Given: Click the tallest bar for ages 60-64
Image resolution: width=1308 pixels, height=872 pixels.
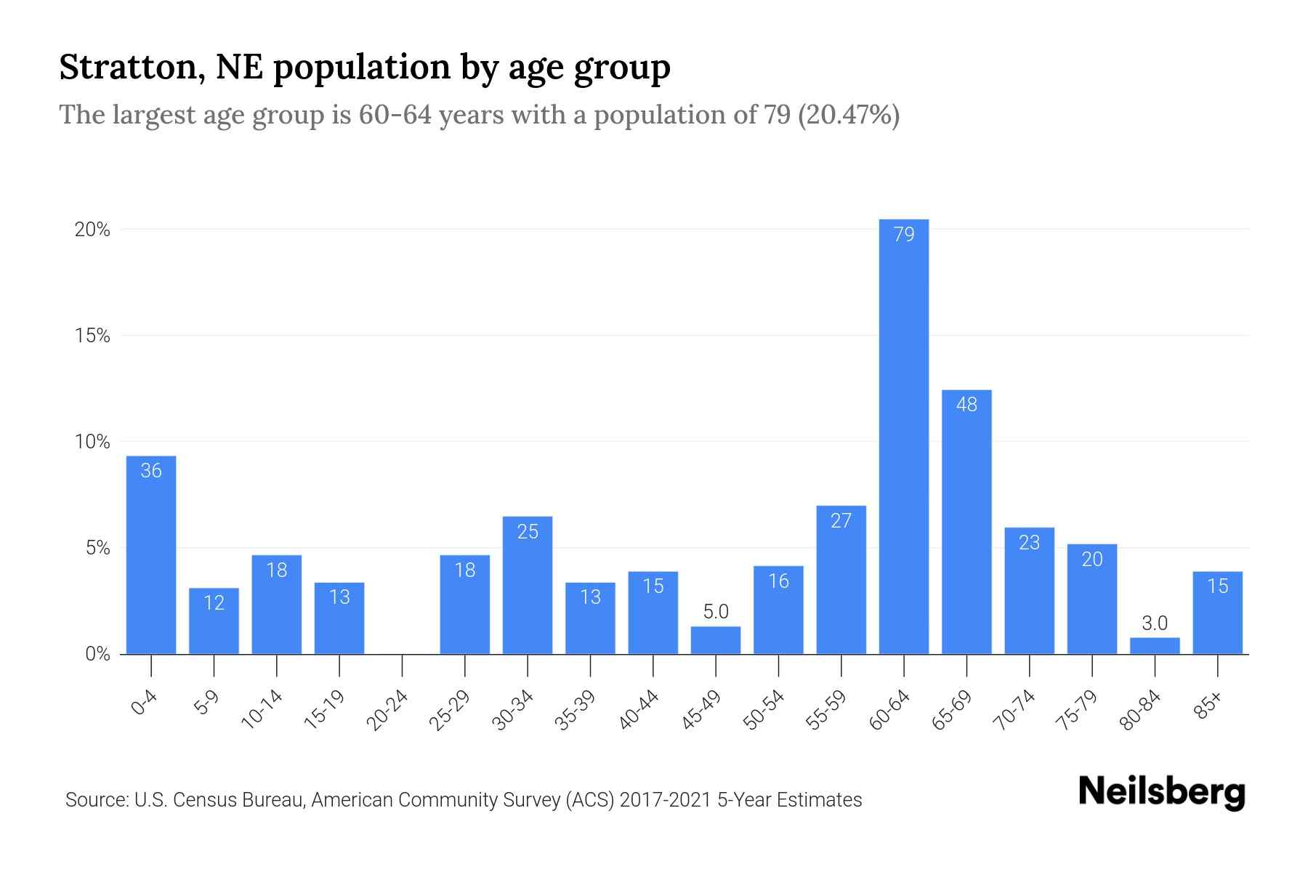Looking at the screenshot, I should (903, 436).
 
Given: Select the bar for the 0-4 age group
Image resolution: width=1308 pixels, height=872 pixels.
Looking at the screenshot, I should (151, 556).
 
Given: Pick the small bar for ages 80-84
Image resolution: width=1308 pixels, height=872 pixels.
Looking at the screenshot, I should (1155, 646).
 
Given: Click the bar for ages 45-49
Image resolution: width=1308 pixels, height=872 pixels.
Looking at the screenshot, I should (716, 640).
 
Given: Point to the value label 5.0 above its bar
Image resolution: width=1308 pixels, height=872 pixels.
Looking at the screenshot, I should (716, 612).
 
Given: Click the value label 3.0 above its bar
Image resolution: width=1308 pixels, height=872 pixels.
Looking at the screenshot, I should (1155, 623).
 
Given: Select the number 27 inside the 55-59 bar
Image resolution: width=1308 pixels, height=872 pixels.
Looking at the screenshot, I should (841, 520).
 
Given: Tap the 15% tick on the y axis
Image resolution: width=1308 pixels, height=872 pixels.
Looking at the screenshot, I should (92, 336).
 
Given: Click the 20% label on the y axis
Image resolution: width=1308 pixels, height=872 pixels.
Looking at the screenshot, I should (92, 230).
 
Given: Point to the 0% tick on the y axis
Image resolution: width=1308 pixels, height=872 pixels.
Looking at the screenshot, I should (97, 654).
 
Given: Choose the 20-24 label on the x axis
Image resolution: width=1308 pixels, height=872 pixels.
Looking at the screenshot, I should (387, 710).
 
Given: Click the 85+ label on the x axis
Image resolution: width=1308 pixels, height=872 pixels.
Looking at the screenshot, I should (1208, 706).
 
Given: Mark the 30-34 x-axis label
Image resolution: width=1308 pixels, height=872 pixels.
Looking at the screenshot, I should (513, 710).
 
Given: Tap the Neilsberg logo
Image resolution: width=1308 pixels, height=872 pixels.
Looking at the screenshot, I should (1161, 792).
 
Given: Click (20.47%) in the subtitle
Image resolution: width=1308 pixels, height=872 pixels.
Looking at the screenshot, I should (849, 115).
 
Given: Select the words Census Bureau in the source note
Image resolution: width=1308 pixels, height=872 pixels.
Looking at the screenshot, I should (251, 800).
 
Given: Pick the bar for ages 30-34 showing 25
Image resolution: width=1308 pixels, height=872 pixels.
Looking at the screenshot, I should (528, 585).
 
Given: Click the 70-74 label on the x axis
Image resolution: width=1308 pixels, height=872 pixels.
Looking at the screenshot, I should (1014, 710).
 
